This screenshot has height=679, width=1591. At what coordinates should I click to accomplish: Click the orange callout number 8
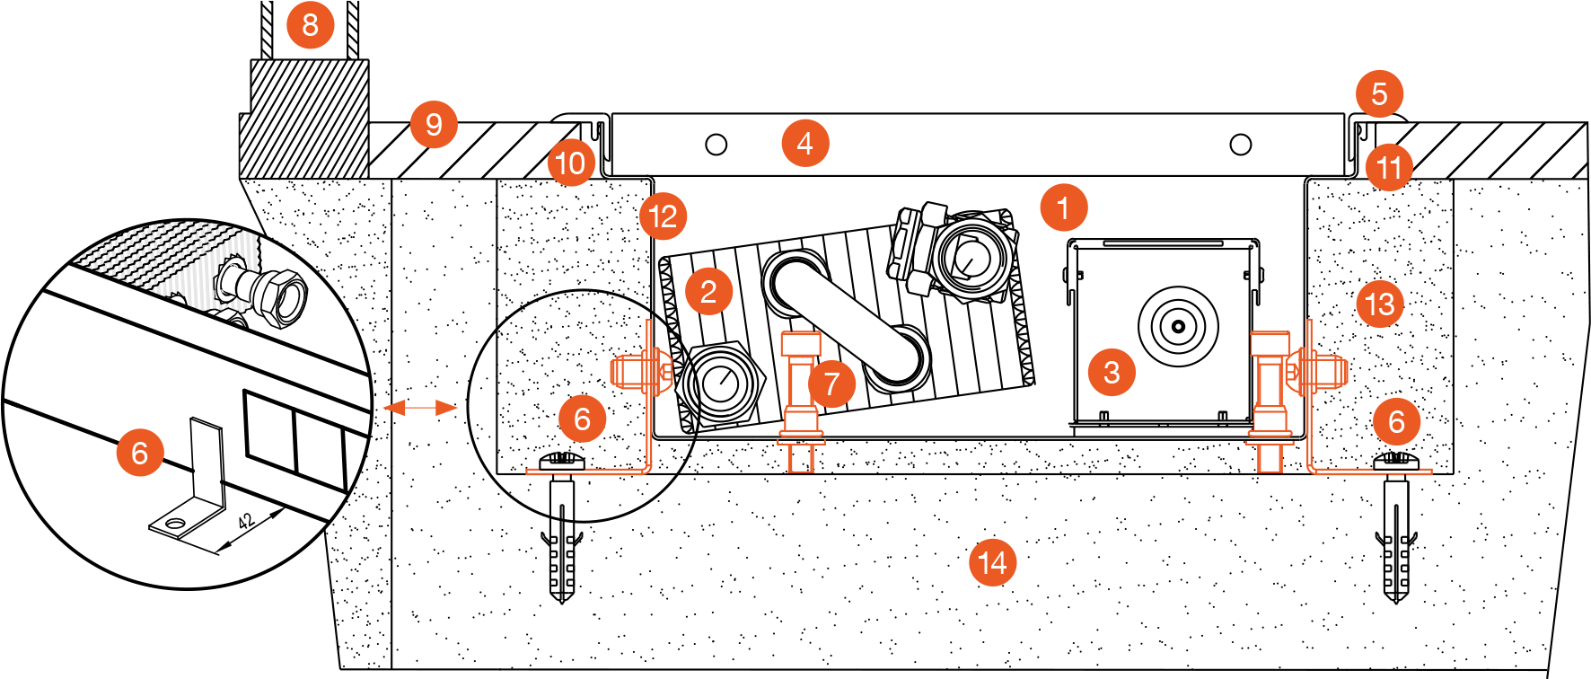[310, 25]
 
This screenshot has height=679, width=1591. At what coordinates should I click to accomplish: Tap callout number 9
[434, 124]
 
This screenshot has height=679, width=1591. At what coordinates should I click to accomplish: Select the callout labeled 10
[571, 163]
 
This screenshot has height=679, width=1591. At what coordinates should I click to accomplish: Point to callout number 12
[663, 216]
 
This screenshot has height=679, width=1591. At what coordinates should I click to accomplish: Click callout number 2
[708, 292]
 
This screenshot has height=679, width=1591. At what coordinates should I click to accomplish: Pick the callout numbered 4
[804, 144]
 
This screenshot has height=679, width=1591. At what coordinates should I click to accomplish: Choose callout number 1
[1063, 208]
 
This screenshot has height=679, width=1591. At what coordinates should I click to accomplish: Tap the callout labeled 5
[1379, 93]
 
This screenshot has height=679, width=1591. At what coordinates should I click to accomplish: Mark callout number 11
[1388, 168]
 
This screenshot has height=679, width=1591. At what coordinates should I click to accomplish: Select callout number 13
[1379, 304]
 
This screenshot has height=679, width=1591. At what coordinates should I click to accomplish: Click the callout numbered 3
[1112, 372]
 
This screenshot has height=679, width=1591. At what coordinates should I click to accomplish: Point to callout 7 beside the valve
[831, 384]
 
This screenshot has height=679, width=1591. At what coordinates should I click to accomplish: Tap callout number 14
[992, 563]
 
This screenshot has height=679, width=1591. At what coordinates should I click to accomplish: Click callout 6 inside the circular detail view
[140, 453]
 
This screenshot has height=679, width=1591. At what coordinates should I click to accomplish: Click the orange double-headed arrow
[420, 409]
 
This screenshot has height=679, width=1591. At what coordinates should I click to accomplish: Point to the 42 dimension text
[246, 522]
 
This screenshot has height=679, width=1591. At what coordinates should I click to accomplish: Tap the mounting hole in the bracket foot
[174, 523]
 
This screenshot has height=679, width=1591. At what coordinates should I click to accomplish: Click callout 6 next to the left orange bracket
[582, 419]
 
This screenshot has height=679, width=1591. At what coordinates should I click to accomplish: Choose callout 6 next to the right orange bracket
[1396, 421]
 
